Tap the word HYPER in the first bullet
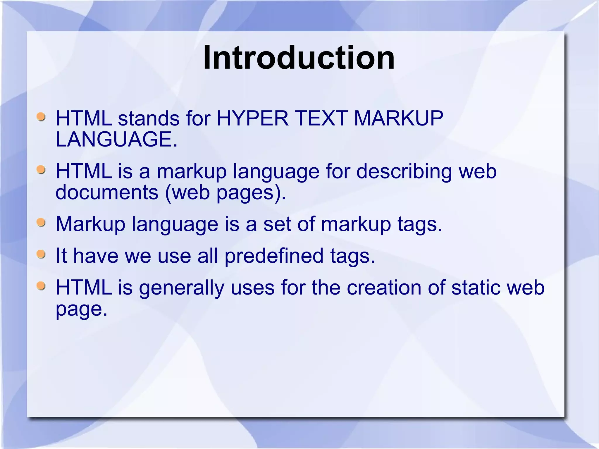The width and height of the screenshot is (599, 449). (252, 118)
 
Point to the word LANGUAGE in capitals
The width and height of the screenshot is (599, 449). (116, 139)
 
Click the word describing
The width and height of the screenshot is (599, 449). (404, 171)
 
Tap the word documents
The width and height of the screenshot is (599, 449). (107, 192)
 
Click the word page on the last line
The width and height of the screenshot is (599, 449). (81, 309)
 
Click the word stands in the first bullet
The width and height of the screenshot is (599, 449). (148, 118)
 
